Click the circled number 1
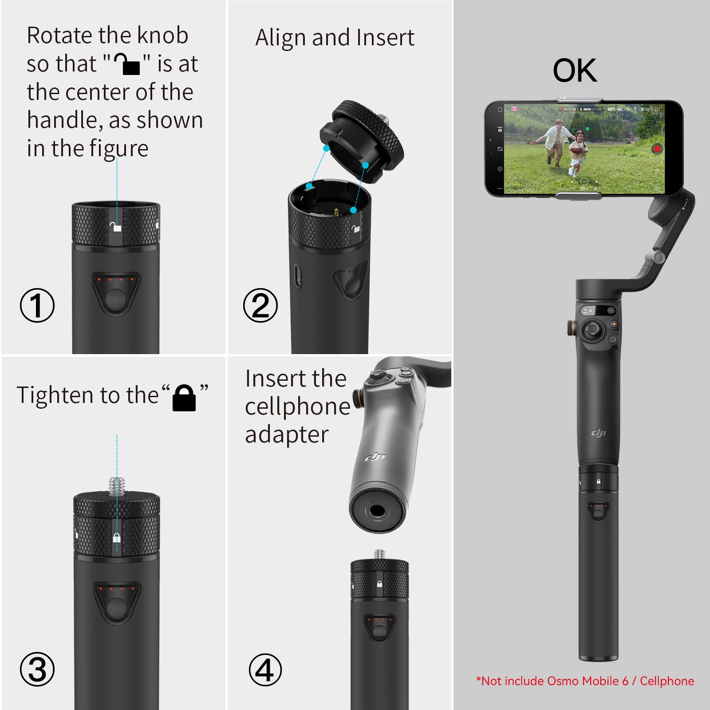point(37,305)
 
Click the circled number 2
point(260,305)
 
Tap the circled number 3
point(37,669)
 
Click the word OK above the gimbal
point(575,71)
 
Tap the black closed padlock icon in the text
point(184,398)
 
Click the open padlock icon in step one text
point(127,64)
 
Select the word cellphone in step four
point(297,406)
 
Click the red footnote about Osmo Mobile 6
point(585,681)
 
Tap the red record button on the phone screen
point(657,149)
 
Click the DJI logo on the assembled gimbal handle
point(598,433)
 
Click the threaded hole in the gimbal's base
point(377,511)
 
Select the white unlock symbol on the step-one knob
point(116,227)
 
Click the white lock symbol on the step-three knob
point(117,538)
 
